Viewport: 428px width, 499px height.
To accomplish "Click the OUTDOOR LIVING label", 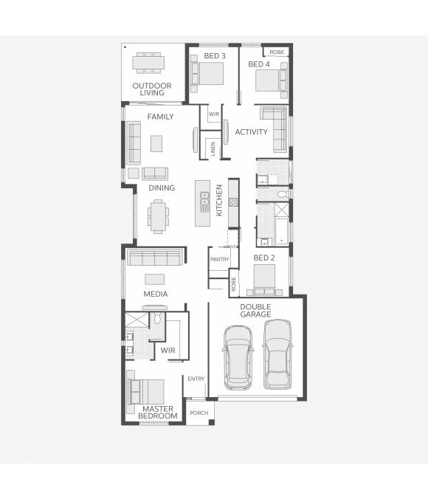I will [x=152, y=90].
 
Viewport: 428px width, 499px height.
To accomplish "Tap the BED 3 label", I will [x=215, y=56].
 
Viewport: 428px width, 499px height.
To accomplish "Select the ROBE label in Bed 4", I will [x=277, y=52].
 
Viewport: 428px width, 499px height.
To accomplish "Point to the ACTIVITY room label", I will [x=251, y=132].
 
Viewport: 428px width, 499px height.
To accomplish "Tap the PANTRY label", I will [x=219, y=259].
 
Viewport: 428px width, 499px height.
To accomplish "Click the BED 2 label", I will [x=263, y=258].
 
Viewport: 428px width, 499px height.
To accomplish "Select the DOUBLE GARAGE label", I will [x=255, y=310].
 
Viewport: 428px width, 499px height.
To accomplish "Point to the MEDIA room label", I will [x=155, y=294].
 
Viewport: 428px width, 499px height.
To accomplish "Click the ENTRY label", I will [x=196, y=379].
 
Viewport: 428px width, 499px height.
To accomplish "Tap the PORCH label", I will [x=199, y=413].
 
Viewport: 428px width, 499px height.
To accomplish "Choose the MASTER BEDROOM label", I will [x=158, y=412].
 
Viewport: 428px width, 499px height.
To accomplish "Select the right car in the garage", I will [x=279, y=354].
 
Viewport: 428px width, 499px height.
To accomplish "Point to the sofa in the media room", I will [x=154, y=256].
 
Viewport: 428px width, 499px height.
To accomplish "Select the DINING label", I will [x=162, y=187].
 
